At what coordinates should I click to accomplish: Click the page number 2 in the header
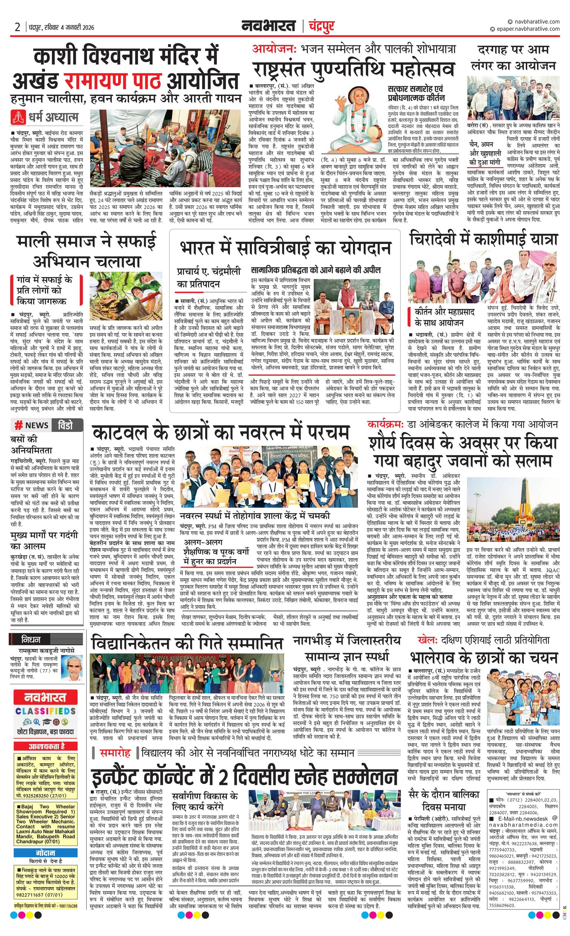point(17,27)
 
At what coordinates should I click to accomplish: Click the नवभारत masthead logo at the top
point(268,26)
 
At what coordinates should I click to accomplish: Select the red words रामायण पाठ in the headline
point(112,81)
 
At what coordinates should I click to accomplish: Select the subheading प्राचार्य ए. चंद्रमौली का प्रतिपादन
point(209,278)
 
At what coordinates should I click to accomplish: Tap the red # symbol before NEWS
point(18,425)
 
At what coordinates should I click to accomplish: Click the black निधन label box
point(31,639)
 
